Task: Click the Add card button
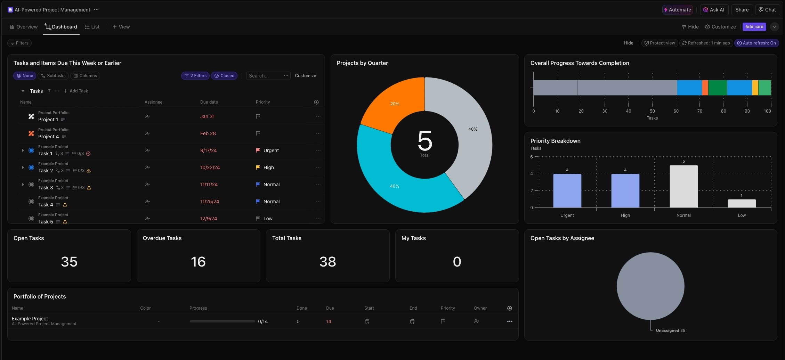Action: [754, 27]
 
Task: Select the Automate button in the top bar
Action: [677, 10]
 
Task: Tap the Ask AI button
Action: [714, 10]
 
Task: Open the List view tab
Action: [92, 27]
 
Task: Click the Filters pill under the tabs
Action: [19, 43]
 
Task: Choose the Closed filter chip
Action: [224, 76]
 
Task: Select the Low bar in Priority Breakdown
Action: [742, 203]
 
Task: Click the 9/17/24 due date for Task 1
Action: [208, 150]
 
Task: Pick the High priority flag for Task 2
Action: [258, 167]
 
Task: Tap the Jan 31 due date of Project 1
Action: [207, 116]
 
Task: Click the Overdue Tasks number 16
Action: [198, 262]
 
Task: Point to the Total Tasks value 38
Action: [327, 262]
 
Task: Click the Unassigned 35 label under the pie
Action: [670, 330]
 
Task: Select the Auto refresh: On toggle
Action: [756, 43]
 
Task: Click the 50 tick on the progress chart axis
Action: [652, 111]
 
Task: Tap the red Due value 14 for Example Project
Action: [329, 321]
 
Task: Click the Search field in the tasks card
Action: [264, 76]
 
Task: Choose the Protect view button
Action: [659, 43]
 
